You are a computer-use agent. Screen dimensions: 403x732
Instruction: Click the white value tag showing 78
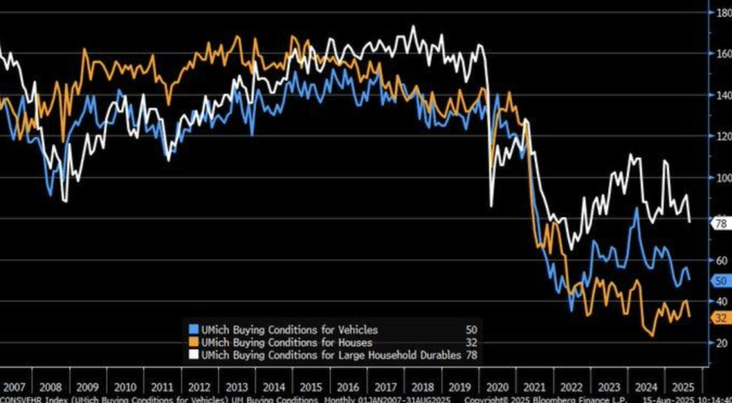click(x=720, y=224)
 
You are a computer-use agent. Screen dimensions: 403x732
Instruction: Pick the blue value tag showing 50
click(x=720, y=281)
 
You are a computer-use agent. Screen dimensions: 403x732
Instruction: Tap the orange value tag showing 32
click(x=720, y=318)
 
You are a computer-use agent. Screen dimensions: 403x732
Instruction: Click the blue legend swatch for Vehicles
click(x=192, y=330)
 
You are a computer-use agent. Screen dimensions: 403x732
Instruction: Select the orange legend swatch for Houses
click(x=192, y=342)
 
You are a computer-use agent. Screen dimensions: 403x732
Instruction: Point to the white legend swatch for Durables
click(x=192, y=354)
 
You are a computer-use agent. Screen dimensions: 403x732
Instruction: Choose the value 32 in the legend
click(x=470, y=342)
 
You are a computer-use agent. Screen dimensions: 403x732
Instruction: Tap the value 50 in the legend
click(x=470, y=330)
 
